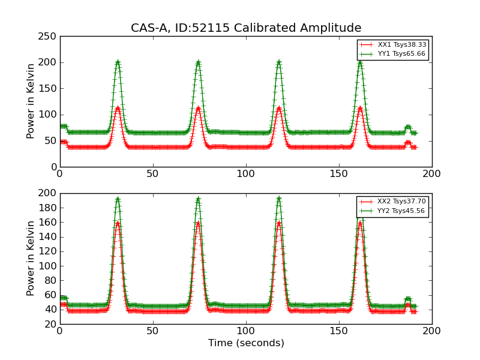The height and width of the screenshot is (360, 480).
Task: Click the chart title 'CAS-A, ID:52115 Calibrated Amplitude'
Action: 246,28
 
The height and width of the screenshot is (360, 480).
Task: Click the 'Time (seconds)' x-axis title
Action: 246,343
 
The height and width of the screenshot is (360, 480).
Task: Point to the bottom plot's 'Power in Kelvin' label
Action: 31,258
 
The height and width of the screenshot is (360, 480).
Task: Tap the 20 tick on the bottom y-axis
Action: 52,325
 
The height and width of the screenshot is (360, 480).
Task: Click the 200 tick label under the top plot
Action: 431,173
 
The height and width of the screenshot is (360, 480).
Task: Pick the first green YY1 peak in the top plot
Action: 118,62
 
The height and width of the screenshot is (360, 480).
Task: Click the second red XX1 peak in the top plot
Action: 198,108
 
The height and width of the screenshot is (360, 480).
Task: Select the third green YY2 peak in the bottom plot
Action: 278,199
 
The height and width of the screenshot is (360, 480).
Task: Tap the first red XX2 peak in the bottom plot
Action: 118,223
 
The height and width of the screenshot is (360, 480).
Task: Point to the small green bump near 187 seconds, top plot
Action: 408,127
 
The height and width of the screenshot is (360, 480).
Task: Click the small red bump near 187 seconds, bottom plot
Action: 408,305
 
